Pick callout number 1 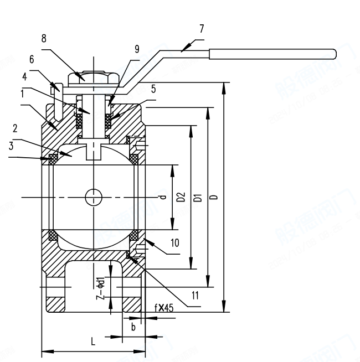[x=23, y=94]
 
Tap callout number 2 [x=16, y=128]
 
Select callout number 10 [x=175, y=243]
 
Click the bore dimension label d [x=162, y=197]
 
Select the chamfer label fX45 [x=164, y=308]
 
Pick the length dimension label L [x=93, y=342]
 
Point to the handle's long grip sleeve [x=272, y=54]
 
